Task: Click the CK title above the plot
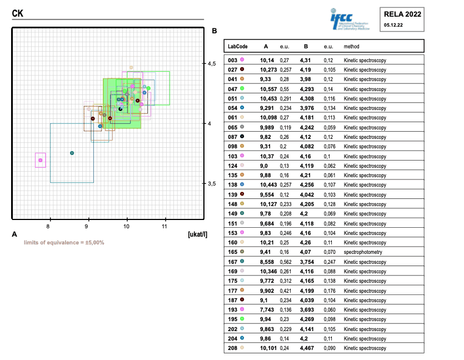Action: (x=18, y=12)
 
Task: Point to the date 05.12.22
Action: (x=393, y=25)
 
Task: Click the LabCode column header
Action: (x=237, y=46)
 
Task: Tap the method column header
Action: (x=351, y=46)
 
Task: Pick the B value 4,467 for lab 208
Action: (x=307, y=348)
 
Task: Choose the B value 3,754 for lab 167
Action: (x=307, y=262)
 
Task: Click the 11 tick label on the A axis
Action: (x=165, y=227)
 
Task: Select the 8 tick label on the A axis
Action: (x=49, y=227)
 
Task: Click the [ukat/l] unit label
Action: (x=198, y=234)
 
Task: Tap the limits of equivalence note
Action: (x=64, y=243)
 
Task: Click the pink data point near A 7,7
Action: (x=40, y=160)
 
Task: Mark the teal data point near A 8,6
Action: (x=72, y=153)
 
